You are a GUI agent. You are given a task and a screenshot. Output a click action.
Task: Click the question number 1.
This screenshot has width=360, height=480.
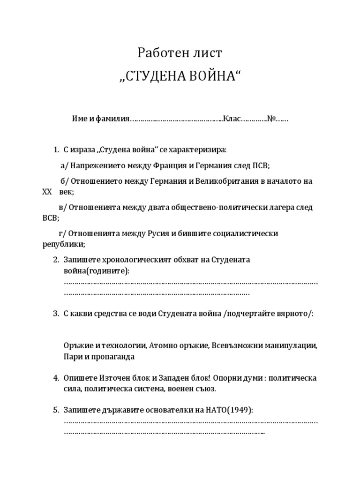click(56, 150)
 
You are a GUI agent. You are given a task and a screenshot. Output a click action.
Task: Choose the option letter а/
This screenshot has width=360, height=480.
click(65, 165)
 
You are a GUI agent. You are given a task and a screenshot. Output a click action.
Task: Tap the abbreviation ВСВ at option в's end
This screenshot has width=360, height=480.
click(50, 218)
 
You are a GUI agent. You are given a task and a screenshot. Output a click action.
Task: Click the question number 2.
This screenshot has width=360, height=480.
click(56, 260)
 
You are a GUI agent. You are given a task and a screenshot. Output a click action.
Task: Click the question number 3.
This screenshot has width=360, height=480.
click(56, 313)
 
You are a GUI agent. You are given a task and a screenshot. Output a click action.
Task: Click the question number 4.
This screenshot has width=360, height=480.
click(56, 378)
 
